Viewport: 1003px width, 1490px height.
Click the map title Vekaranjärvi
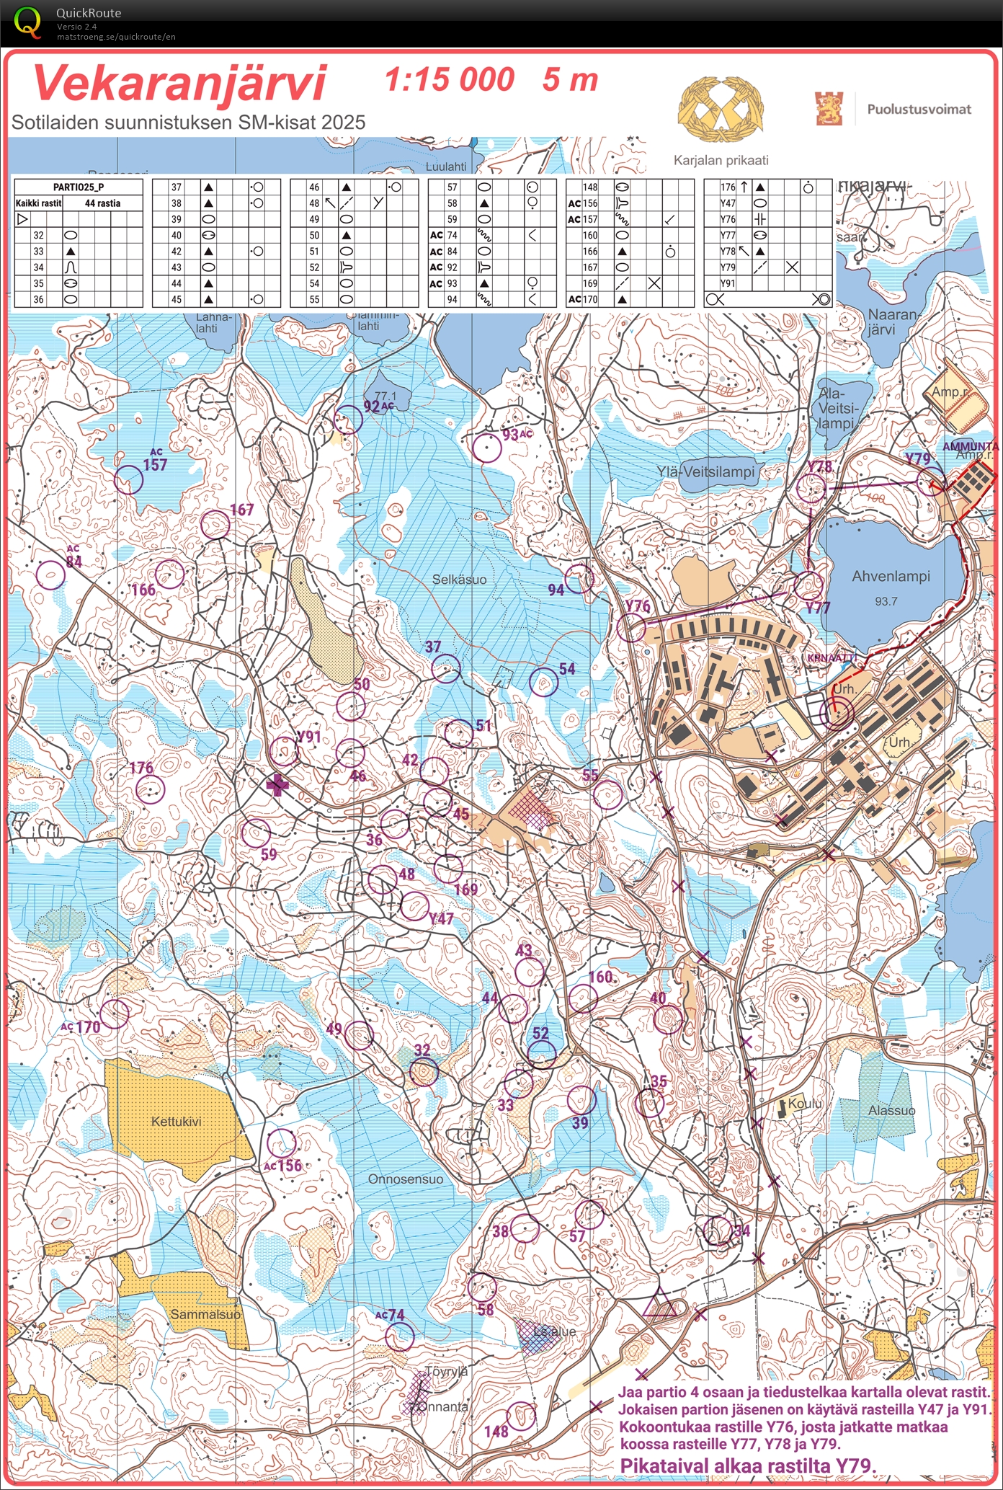(180, 84)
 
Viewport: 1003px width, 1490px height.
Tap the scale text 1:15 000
(450, 80)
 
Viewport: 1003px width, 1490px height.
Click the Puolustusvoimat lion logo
(829, 108)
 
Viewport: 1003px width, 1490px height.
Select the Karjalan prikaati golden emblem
(720, 110)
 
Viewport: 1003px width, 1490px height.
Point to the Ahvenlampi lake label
(891, 577)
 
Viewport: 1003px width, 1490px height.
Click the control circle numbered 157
(128, 479)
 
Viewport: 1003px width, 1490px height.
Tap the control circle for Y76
(631, 628)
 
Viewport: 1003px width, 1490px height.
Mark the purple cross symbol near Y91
(277, 785)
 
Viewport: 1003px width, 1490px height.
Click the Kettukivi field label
(176, 1122)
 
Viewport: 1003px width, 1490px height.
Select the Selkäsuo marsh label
(459, 580)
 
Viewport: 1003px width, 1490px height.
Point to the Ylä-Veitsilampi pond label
(705, 472)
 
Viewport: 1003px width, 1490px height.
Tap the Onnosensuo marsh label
(406, 1179)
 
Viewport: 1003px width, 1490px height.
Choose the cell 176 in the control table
(728, 187)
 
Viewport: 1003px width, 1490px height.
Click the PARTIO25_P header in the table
(78, 187)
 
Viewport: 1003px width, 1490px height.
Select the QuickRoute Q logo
(27, 23)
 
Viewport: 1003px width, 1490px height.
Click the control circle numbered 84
(50, 575)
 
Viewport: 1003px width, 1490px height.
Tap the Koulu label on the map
(805, 1104)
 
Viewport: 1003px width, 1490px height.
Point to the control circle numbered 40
(667, 1019)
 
